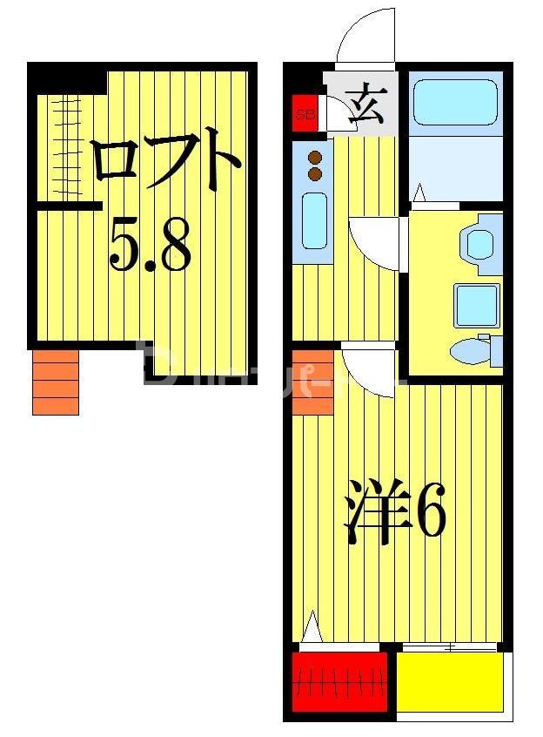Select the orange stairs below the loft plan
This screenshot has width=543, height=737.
click(x=56, y=382)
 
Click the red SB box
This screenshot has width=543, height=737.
click(x=305, y=113)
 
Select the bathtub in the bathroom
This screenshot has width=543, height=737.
click(x=454, y=103)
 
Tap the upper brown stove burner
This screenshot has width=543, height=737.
click(x=315, y=159)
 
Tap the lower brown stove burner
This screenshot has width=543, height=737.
click(x=315, y=174)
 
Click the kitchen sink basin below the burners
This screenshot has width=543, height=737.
click(x=314, y=221)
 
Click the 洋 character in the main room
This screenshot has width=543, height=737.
click(x=377, y=513)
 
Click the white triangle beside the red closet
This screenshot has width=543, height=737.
click(x=312, y=628)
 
